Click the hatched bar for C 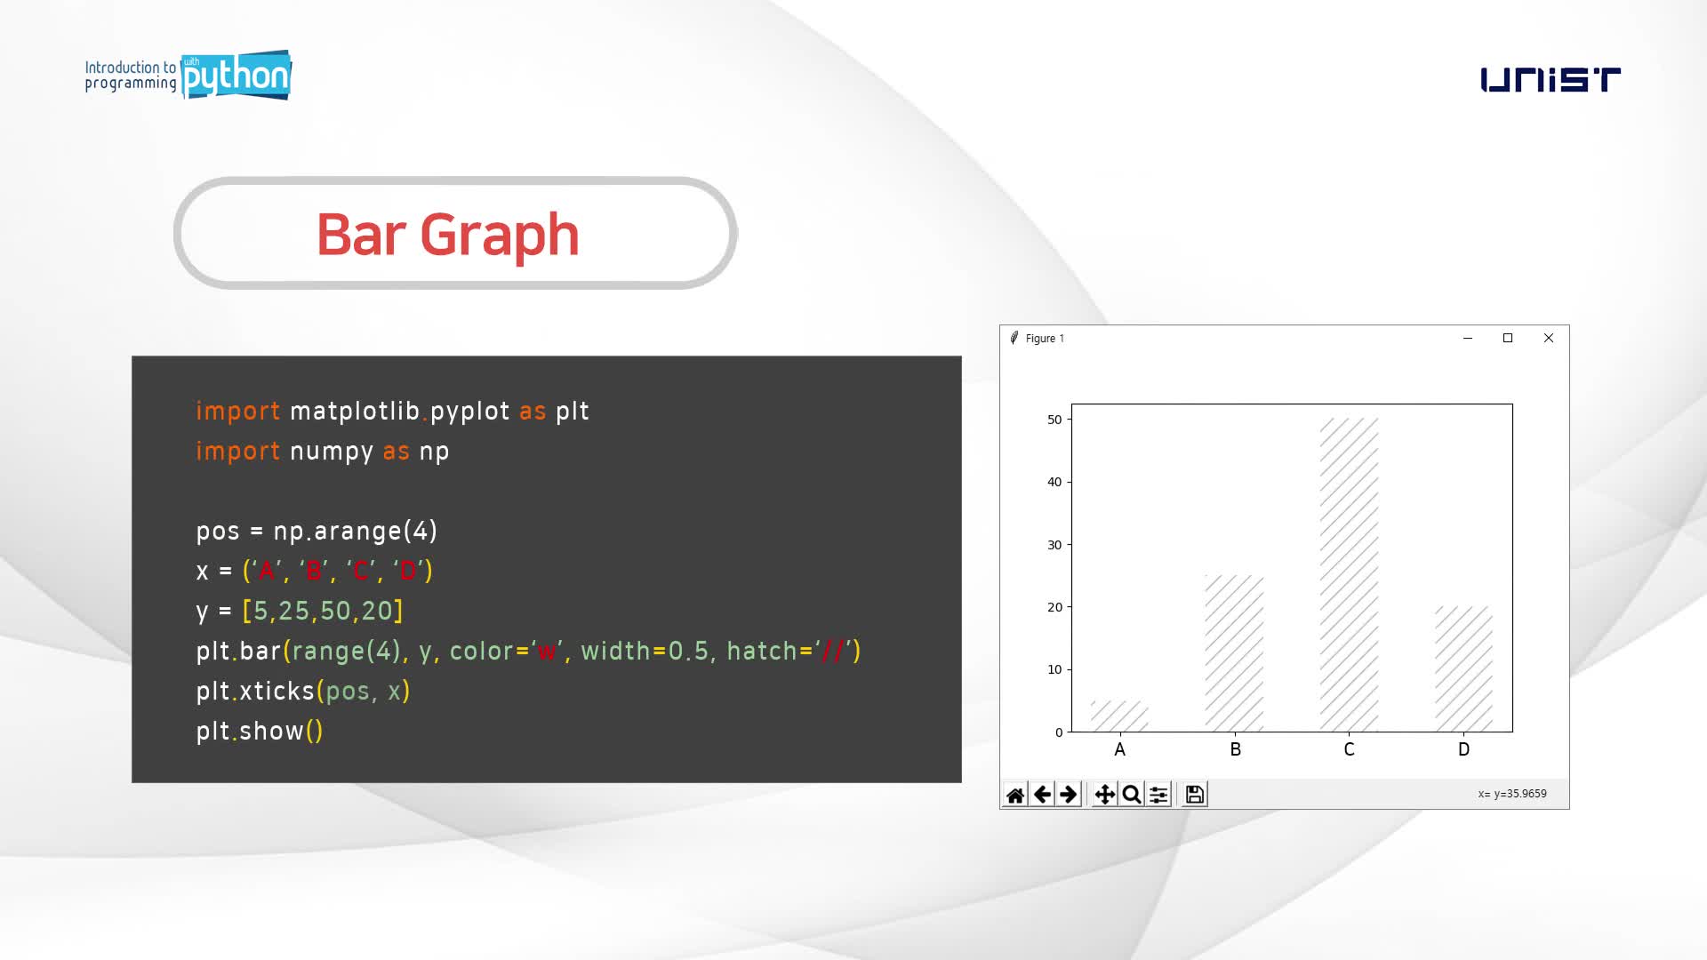[x=1349, y=575]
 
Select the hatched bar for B [x=1234, y=653]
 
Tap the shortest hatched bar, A [x=1119, y=716]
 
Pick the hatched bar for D [x=1463, y=669]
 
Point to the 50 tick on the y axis [x=1054, y=420]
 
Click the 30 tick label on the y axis [x=1054, y=545]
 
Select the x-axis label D [x=1464, y=749]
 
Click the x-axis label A [x=1119, y=749]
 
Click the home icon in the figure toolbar [x=1015, y=795]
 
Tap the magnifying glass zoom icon [x=1131, y=795]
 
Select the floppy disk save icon [x=1195, y=795]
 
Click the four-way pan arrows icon [x=1104, y=795]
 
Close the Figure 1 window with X [x=1549, y=338]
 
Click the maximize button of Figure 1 [x=1508, y=338]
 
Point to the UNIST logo [x=1551, y=79]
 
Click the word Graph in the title [x=500, y=236]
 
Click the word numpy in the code [x=332, y=452]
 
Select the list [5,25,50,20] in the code [x=323, y=611]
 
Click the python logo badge [x=236, y=76]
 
